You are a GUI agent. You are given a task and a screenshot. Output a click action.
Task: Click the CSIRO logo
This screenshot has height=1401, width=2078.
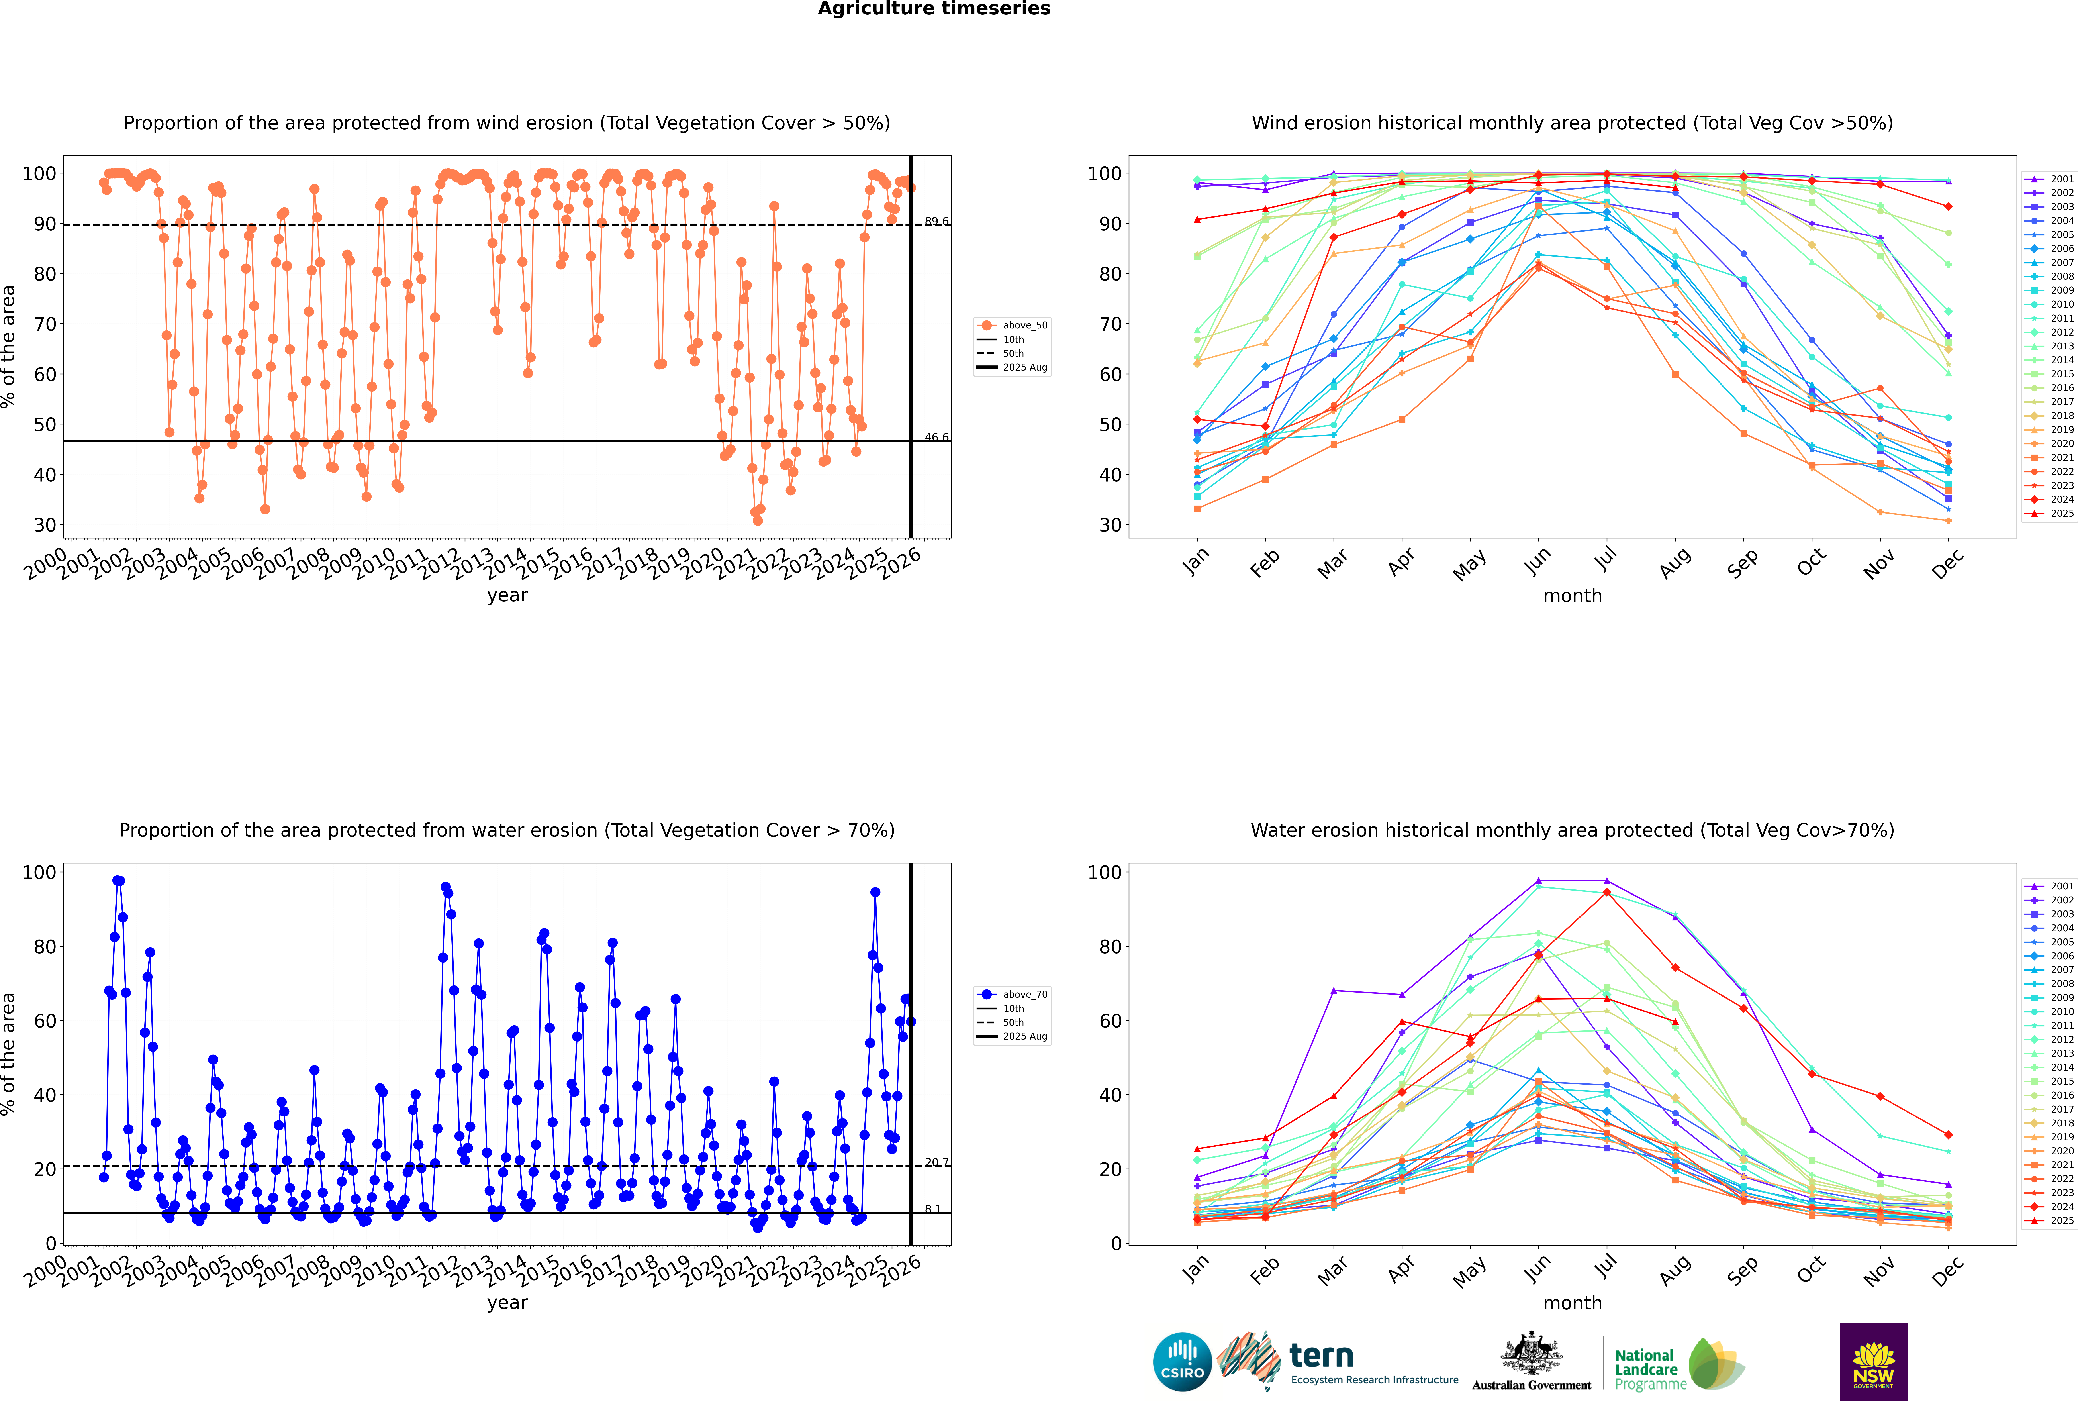click(x=1182, y=1362)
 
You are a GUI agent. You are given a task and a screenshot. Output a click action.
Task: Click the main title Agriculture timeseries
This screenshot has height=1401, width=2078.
click(x=934, y=9)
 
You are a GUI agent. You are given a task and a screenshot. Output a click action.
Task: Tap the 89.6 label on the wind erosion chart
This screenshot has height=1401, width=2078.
click(x=936, y=222)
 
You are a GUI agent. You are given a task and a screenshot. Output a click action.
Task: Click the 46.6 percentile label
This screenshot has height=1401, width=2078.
click(x=936, y=437)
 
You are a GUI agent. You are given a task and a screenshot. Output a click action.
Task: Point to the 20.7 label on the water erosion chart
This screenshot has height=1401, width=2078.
click(x=936, y=1162)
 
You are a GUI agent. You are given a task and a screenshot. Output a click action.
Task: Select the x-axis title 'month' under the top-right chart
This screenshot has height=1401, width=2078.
click(x=1572, y=596)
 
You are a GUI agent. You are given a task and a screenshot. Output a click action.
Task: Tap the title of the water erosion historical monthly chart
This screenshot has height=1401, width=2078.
click(x=1572, y=830)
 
